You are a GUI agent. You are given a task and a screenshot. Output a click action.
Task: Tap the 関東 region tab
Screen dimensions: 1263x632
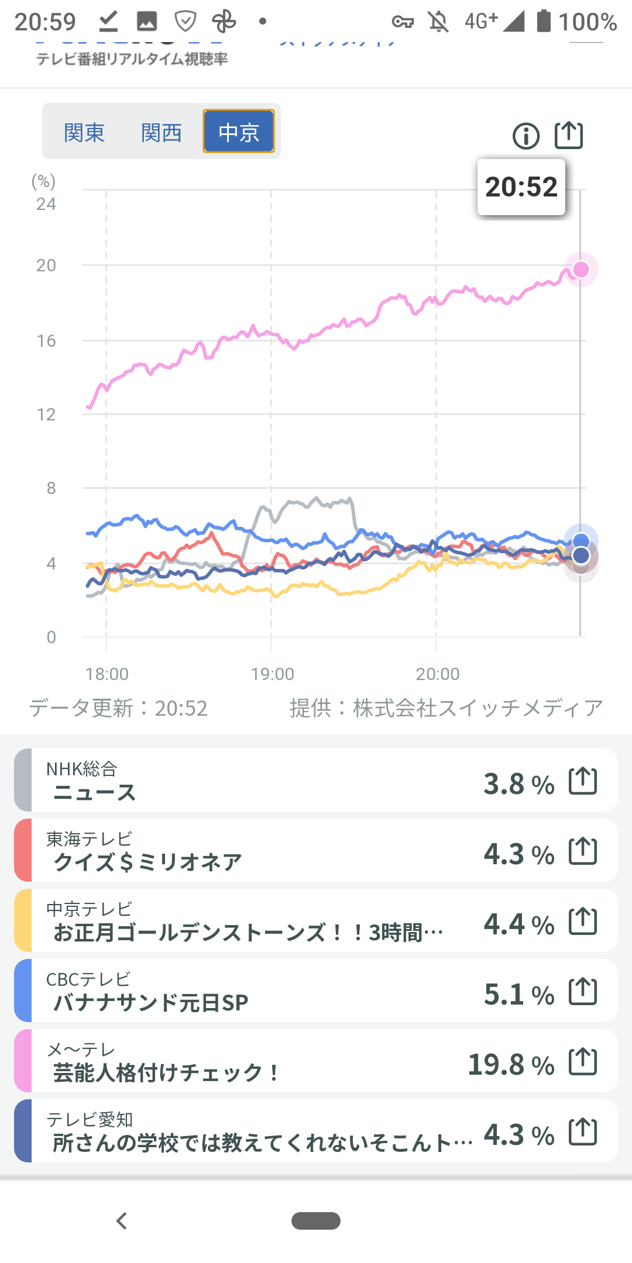pyautogui.click(x=84, y=133)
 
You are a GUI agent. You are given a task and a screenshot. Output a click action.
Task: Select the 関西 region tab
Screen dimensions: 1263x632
pyautogui.click(x=162, y=133)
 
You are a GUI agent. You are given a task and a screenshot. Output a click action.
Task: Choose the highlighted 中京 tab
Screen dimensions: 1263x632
pyautogui.click(x=239, y=132)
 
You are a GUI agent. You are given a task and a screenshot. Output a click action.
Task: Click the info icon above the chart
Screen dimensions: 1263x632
pyautogui.click(x=526, y=136)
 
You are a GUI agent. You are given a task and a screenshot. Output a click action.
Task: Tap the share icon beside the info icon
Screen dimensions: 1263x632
pyautogui.click(x=569, y=136)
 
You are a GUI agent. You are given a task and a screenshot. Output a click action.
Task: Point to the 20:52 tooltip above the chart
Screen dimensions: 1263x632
pyautogui.click(x=521, y=187)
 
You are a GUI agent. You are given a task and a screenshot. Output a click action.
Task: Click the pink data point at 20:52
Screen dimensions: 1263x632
pyautogui.click(x=581, y=269)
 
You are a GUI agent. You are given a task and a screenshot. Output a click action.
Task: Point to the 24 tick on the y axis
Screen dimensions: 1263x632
pyautogui.click(x=46, y=204)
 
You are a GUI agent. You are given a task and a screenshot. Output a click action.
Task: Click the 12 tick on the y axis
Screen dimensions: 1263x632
pyautogui.click(x=46, y=415)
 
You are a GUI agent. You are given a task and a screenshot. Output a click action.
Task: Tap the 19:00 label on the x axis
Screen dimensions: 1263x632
pyautogui.click(x=272, y=674)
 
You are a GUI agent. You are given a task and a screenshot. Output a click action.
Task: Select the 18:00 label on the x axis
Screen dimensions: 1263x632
pyautogui.click(x=107, y=674)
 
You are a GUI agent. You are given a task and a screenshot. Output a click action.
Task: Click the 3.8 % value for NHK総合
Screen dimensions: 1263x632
pyautogui.click(x=518, y=784)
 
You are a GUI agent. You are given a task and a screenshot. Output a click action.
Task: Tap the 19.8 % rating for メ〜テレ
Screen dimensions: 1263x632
pyautogui.click(x=511, y=1065)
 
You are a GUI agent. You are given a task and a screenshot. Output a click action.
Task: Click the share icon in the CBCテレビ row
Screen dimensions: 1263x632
pyautogui.click(x=583, y=991)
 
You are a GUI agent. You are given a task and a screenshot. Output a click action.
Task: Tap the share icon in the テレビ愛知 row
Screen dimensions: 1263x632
pyautogui.click(x=583, y=1131)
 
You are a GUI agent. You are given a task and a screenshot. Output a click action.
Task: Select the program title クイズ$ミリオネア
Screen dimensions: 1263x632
pyautogui.click(x=147, y=862)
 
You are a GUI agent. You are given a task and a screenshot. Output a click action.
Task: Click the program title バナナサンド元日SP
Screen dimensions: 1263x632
pyautogui.click(x=150, y=1002)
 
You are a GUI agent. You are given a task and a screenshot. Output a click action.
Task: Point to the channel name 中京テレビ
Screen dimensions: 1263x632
pyautogui.click(x=90, y=909)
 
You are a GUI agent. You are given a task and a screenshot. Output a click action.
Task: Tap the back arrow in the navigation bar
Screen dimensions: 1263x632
pyautogui.click(x=122, y=1221)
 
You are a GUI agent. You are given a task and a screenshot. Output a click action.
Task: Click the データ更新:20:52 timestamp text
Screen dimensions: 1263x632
pyautogui.click(x=118, y=708)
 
